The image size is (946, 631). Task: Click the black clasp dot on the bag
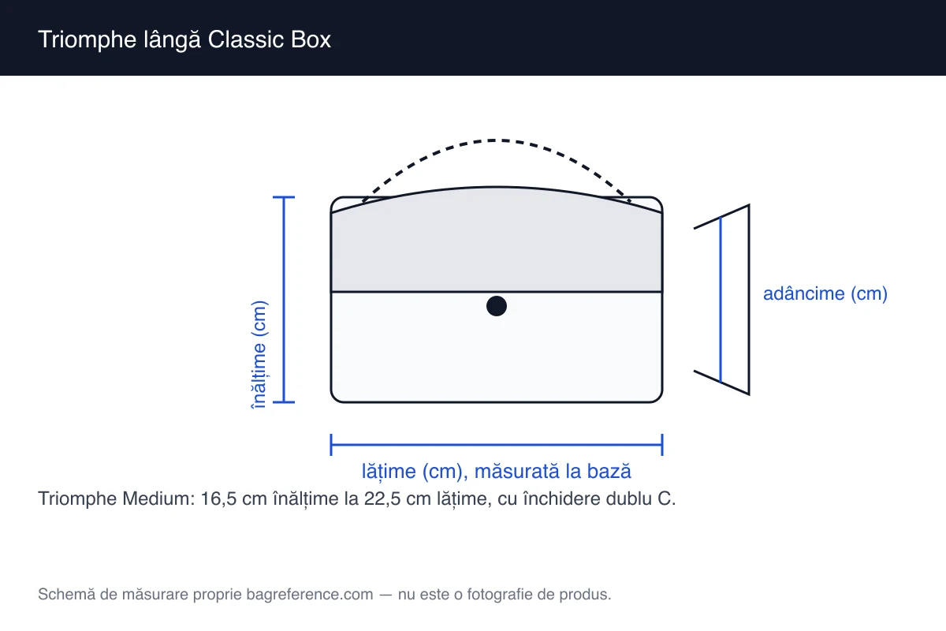pos(496,306)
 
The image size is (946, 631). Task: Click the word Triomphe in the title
pos(87,40)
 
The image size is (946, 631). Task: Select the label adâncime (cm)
pos(825,293)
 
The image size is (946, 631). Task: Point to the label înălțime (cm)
pos(259,355)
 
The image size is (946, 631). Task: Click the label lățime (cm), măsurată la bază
pos(496,471)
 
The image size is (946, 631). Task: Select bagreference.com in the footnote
pos(310,595)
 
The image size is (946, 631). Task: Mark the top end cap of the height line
pos(283,197)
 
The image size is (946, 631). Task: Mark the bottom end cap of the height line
pos(283,402)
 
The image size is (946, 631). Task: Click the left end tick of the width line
pos(331,445)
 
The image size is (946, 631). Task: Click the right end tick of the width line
pos(662,445)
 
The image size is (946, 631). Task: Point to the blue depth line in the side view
pos(721,300)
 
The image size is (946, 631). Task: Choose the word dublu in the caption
pos(630,498)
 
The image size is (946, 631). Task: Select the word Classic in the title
pos(246,39)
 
